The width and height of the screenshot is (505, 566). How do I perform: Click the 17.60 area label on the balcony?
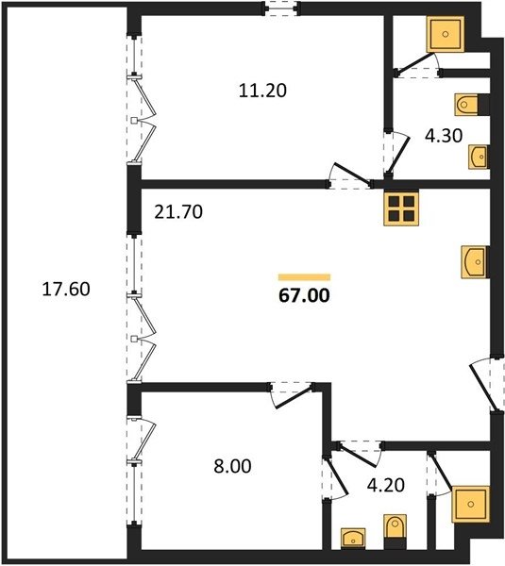point(66,290)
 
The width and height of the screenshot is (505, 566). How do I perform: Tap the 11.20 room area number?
point(262,91)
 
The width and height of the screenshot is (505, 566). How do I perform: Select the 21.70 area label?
point(178,212)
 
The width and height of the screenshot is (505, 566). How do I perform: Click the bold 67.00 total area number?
point(304,295)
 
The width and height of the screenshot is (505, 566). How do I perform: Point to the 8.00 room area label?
point(232,466)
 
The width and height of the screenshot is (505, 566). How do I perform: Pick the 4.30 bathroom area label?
point(444,136)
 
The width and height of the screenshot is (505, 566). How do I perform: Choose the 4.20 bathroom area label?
point(385,485)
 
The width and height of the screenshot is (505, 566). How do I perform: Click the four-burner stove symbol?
point(401,209)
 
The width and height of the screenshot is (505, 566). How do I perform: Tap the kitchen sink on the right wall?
point(475,262)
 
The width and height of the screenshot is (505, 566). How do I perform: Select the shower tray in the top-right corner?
point(445,34)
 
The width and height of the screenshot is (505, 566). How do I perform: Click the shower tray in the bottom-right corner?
point(471,505)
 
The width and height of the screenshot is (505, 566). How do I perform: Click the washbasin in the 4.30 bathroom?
point(479,157)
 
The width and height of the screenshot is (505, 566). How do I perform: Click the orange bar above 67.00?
point(304,277)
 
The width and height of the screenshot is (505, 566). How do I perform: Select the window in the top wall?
point(281,8)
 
